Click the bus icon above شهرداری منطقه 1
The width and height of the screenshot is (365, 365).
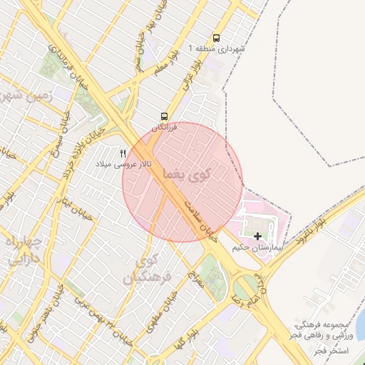pos(216,38)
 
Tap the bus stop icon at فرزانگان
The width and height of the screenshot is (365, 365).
pos(165,116)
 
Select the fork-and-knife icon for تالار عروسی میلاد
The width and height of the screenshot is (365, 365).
pos(123,153)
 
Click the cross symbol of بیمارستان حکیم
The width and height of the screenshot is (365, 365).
pos(257,236)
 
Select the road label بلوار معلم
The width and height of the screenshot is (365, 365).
pos(163,66)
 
